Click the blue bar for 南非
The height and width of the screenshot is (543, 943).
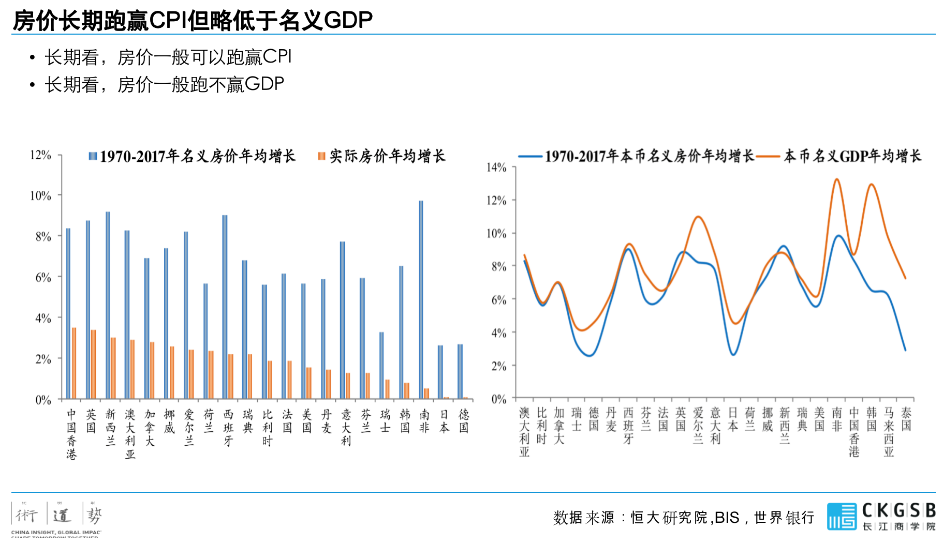click(x=421, y=300)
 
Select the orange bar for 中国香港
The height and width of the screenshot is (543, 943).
click(x=74, y=363)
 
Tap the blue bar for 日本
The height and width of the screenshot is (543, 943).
click(x=440, y=372)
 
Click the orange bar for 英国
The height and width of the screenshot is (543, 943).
click(x=94, y=364)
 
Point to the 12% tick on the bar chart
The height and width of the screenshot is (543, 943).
click(x=40, y=155)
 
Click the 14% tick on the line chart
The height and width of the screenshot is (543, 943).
click(x=496, y=167)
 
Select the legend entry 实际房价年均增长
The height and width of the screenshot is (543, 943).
click(x=382, y=156)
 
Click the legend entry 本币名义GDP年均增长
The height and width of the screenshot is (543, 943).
click(x=852, y=156)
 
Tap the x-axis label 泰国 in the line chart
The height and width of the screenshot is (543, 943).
click(x=906, y=419)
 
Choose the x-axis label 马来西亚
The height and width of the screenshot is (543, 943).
click(x=889, y=432)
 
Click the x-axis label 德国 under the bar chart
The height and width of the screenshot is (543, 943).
click(x=464, y=421)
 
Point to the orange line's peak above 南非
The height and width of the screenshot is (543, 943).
click(x=837, y=179)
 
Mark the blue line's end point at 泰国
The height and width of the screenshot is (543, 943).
click(x=906, y=351)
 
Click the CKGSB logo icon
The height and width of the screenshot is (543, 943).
click(x=842, y=516)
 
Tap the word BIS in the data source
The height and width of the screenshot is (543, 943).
click(x=727, y=517)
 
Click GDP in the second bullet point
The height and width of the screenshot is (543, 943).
click(x=264, y=84)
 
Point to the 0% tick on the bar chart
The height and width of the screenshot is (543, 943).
click(x=43, y=400)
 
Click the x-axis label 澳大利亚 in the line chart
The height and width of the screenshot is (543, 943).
click(x=524, y=432)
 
